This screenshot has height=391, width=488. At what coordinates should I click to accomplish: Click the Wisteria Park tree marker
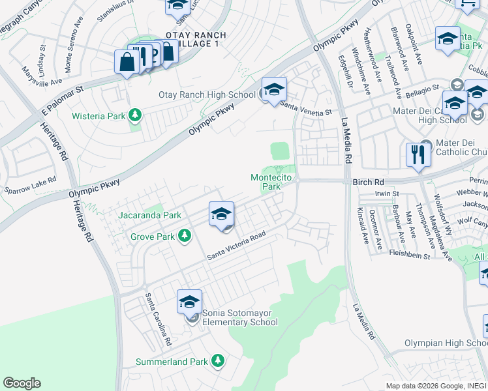click(135, 116)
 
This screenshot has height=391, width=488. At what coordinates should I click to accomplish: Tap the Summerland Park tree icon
click(218, 361)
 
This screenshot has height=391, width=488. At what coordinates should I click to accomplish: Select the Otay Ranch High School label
click(207, 95)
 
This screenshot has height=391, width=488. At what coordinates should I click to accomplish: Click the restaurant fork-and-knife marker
click(418, 155)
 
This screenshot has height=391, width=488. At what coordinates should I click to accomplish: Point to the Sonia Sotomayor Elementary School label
click(239, 317)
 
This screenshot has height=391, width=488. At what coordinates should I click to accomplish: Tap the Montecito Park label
click(266, 182)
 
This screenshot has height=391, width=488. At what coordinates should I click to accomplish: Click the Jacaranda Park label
click(149, 215)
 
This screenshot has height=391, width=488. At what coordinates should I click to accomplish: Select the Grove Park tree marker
click(186, 237)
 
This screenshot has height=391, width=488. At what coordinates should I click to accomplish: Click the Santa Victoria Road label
click(236, 246)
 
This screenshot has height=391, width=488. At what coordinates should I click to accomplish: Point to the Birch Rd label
click(365, 183)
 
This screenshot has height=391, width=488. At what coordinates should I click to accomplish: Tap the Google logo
click(22, 383)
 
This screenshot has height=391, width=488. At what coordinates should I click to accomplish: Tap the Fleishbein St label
click(409, 254)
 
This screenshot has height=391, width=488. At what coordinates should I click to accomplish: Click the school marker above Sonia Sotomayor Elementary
click(189, 302)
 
